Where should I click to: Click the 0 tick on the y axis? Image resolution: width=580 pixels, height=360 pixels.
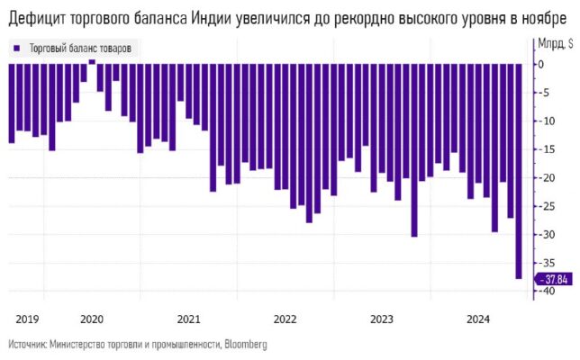541,65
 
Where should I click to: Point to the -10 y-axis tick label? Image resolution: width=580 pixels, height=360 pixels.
544,121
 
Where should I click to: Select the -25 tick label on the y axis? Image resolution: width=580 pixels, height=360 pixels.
544,206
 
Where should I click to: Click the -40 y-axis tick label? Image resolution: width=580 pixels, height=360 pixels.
544,292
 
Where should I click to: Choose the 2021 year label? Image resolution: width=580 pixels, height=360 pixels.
189,319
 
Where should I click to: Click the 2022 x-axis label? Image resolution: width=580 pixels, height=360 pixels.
285,319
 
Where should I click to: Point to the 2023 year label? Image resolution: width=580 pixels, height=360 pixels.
382,319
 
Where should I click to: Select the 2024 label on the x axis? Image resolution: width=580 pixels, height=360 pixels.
478,319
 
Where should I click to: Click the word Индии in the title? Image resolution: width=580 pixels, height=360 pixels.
214,19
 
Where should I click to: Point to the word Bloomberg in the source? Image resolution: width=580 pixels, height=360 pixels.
246,344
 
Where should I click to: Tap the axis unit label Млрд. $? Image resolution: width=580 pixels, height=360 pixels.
555,42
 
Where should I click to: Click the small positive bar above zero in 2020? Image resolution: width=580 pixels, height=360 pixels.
92,62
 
